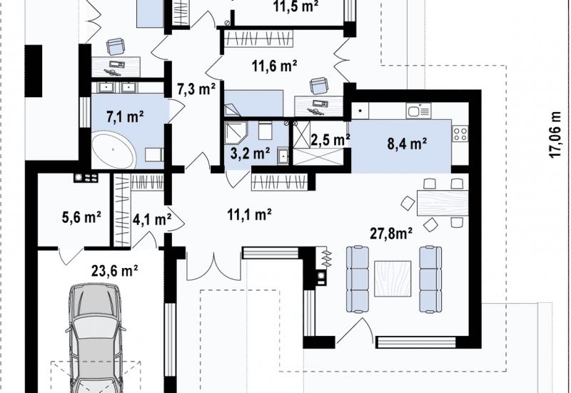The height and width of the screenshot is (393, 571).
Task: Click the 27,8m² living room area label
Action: point(391,233)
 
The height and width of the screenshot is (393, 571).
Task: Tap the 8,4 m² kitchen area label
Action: point(407,144)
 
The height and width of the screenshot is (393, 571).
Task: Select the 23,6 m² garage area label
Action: point(114,271)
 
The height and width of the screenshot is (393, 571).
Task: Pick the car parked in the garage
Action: point(96,337)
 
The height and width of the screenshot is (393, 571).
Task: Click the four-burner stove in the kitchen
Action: point(460,133)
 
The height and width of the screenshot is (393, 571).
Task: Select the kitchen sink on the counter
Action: point(418,111)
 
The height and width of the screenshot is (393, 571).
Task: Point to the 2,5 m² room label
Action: point(330,139)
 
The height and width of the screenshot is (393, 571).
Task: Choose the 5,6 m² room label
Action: point(81,218)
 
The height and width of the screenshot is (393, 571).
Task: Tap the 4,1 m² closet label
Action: point(152,219)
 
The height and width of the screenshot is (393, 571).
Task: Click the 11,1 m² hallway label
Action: point(249,215)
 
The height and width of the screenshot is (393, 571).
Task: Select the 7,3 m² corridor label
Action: point(196,89)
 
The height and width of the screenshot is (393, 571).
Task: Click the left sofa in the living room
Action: point(358,279)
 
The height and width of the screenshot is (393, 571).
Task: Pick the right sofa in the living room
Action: point(430,279)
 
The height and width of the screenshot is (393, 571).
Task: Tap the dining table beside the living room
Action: point(443,203)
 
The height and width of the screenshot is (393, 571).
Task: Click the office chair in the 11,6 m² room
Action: point(318,86)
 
